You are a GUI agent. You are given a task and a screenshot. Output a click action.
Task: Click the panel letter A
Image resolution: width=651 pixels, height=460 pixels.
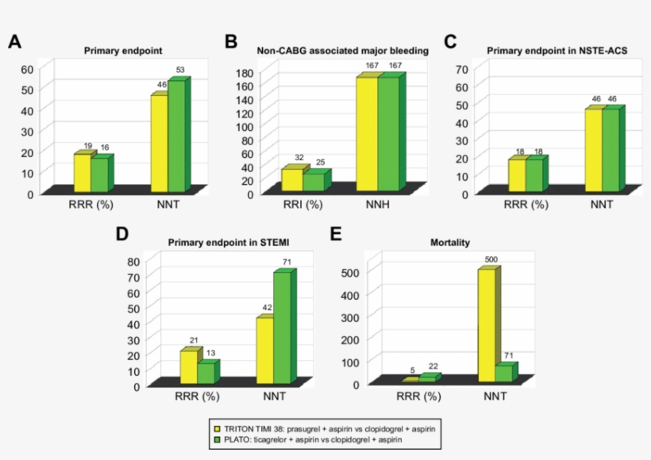(14, 42)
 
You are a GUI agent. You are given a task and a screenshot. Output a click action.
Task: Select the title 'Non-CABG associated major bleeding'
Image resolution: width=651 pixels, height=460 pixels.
(343, 51)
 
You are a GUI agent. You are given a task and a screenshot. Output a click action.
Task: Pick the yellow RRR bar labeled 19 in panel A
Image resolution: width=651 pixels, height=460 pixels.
(82, 172)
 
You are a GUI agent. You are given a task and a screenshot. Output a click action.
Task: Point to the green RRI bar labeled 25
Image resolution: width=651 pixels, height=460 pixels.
(313, 182)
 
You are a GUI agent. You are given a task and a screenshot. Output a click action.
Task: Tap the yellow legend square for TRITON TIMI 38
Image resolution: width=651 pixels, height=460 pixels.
(215, 427)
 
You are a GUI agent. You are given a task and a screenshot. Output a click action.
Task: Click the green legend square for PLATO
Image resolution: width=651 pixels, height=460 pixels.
(215, 439)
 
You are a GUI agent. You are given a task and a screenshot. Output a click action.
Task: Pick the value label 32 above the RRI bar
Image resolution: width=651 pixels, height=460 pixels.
(299, 158)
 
